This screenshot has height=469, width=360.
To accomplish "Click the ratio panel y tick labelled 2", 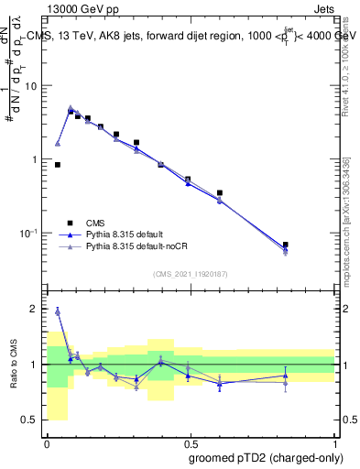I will tap(37, 310).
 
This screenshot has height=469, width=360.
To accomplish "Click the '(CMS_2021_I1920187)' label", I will tap(190, 273).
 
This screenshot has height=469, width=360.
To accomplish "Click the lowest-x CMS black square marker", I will tap(58, 165).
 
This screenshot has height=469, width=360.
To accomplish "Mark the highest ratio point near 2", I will tap(58, 311).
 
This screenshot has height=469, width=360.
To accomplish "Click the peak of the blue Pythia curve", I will tap(71, 108).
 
